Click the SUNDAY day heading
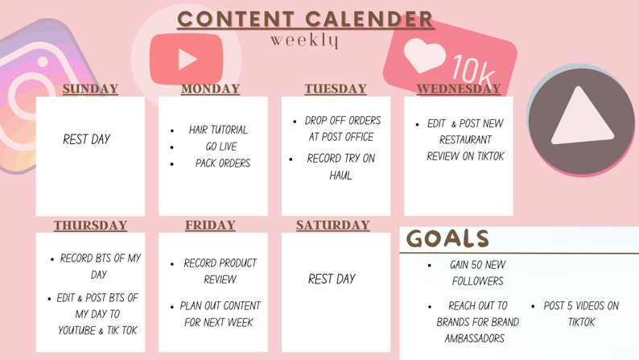90,89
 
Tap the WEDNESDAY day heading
458,89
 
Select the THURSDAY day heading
90,226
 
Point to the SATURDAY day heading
332,226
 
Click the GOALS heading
447,238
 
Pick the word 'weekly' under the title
304,39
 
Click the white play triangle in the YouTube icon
188,59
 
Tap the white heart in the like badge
424,56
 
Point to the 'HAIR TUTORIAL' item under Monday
218,130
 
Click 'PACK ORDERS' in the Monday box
222,163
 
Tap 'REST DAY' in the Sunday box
87,139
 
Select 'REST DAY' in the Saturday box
332,279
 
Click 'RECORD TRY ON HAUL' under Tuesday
340,167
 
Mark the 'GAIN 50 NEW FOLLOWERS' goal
476,273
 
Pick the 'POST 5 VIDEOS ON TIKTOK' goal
581,314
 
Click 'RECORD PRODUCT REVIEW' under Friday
220,271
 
